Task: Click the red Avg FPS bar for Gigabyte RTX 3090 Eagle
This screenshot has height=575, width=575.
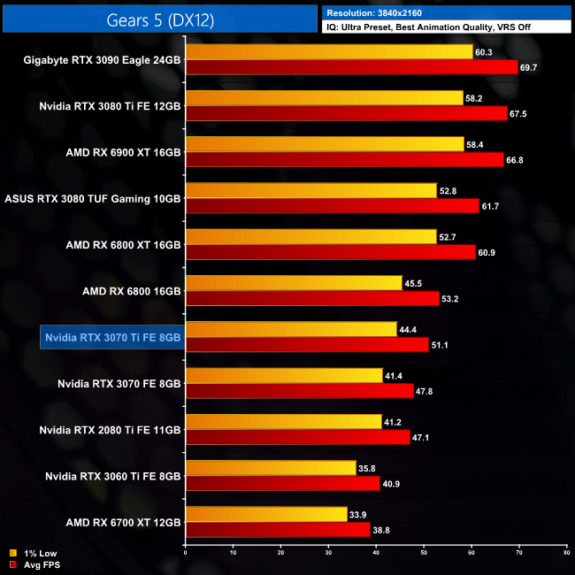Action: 351,67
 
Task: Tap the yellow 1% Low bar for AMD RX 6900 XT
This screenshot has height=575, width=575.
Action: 325,144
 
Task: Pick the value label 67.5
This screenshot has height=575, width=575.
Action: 518,113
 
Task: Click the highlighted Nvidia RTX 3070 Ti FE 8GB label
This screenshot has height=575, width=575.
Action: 112,337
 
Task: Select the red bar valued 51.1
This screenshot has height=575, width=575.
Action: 307,344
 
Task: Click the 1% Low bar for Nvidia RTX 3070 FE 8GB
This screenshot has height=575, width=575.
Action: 284,375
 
